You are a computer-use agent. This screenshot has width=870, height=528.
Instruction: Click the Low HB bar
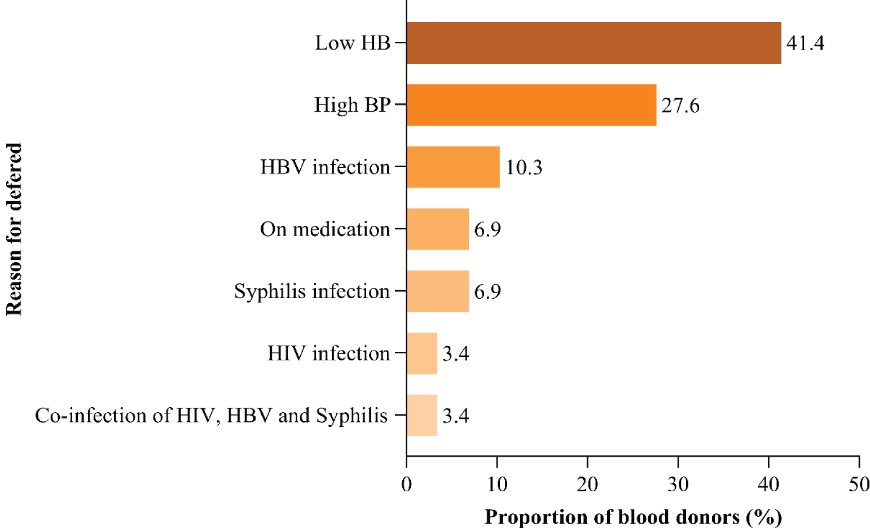[594, 43]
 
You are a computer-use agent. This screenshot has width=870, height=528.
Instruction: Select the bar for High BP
[531, 105]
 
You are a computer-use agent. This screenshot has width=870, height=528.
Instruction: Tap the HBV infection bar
[453, 167]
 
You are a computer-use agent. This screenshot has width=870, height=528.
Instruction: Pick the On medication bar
[438, 229]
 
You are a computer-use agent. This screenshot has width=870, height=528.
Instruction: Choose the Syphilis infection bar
[438, 291]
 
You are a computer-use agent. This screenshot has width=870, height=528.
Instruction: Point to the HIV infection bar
[422, 354]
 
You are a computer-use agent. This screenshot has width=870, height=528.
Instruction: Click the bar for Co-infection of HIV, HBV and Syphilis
[422, 416]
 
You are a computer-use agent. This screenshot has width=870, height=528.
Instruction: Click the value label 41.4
[805, 43]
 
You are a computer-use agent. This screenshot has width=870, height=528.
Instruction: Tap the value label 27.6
[680, 106]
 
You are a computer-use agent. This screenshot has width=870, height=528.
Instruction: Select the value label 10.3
[524, 168]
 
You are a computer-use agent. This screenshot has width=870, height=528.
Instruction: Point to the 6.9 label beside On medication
[487, 230]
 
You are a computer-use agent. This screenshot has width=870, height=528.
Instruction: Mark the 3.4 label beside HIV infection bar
[456, 354]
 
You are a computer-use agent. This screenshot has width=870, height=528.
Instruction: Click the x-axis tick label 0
[406, 485]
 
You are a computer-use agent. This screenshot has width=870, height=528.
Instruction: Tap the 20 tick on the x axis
[587, 485]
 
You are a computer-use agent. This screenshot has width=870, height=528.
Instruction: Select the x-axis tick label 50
[859, 485]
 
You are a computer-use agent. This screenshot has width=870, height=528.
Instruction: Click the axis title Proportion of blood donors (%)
[633, 517]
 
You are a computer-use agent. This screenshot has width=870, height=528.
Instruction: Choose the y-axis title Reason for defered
[14, 229]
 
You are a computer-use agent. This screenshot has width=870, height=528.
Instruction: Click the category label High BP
[352, 105]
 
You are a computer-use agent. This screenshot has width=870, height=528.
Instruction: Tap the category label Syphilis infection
[312, 291]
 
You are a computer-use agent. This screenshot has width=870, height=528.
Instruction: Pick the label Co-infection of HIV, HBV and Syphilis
[211, 416]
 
